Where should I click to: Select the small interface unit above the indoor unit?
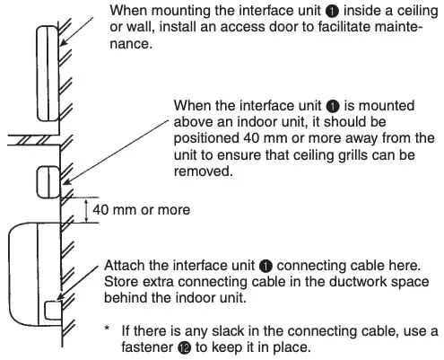pos(45,180)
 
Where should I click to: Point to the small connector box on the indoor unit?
pos(51,311)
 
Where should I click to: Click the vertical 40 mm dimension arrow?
pos(85,212)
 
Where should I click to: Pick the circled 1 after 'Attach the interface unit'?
pos(266,267)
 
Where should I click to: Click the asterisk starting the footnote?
pos(108,329)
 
